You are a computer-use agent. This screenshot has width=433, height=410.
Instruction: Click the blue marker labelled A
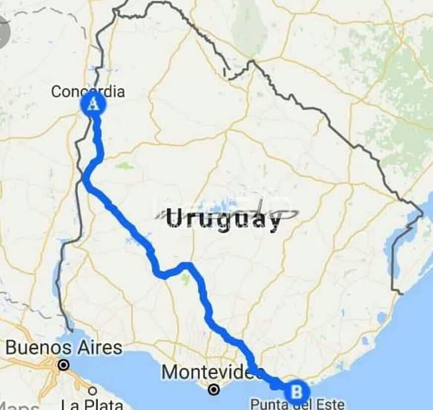point(93,104)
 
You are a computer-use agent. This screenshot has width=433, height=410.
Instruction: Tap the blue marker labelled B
point(296,392)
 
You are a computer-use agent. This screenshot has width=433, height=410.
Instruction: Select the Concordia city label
point(88,92)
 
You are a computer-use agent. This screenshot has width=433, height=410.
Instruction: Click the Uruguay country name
point(223,219)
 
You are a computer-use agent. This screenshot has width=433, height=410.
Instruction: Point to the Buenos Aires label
point(64,348)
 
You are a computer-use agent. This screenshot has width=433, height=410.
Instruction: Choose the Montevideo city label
point(211,372)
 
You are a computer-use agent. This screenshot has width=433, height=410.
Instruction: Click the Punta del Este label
point(297,405)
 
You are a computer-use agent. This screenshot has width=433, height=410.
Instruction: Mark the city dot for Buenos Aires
point(63,365)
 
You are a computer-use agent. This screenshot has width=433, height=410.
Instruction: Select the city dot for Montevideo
point(213,390)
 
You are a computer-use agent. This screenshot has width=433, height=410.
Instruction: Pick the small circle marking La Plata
point(92,391)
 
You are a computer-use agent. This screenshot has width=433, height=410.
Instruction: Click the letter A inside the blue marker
point(93,104)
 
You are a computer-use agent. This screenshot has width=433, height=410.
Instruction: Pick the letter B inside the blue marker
point(296,392)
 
